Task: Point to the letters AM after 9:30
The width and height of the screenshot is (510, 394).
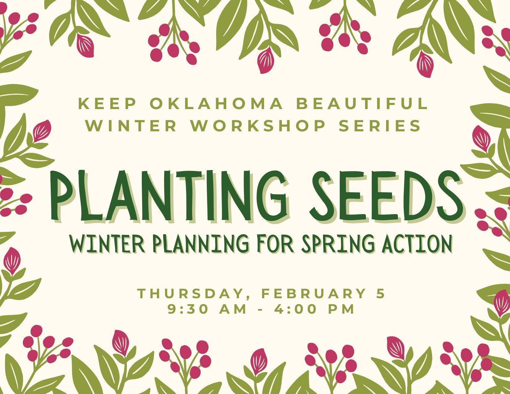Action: pyautogui.click(x=234, y=309)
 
